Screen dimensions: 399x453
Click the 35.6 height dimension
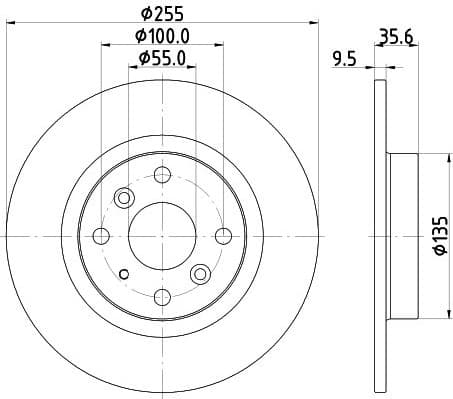pos(396,38)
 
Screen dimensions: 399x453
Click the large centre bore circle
pos(160,236)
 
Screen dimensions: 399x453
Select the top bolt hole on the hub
pos(160,176)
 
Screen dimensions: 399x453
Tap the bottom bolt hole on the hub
pos(160,295)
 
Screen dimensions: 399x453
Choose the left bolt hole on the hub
pos(100,236)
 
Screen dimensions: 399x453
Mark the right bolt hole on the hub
pos(220,236)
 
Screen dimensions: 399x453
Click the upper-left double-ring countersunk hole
pos(124,197)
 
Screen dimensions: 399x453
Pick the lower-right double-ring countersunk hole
pos(200,273)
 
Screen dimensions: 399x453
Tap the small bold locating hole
pos(124,275)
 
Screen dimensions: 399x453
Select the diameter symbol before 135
pos(437,258)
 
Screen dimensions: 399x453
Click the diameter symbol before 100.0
pos(139,38)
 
